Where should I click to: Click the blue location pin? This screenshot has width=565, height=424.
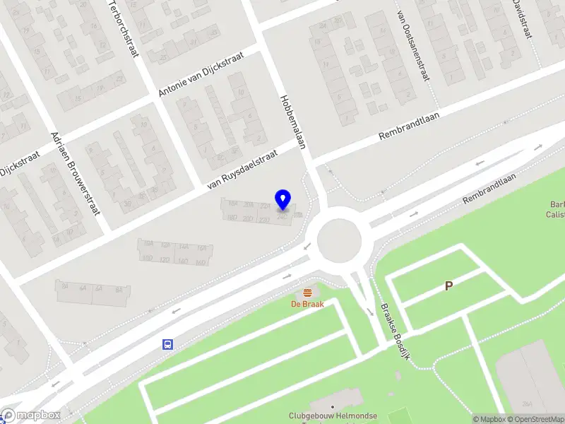pos(283,200)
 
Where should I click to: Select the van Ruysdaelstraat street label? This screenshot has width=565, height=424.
pos(241,173)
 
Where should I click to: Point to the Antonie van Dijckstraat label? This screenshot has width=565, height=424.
pos(201,73)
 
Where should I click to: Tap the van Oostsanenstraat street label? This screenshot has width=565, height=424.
pos(412,49)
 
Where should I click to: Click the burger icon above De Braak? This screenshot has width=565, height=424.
pos(307,293)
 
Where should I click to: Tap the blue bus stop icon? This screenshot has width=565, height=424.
pos(168,344)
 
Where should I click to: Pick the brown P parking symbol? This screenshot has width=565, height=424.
pos(448,286)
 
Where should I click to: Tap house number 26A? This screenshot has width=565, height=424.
pos(527,404)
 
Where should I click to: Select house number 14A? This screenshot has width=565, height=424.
pos(184,247)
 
